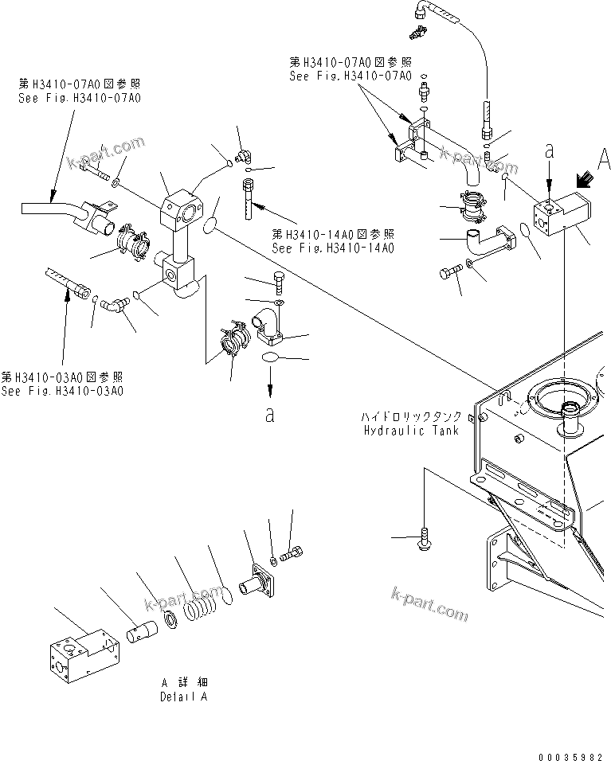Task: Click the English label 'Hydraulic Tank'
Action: (410, 431)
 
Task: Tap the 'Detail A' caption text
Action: (183, 697)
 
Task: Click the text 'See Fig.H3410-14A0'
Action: (333, 248)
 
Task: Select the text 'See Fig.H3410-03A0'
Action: (62, 391)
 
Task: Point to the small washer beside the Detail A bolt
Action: (273, 562)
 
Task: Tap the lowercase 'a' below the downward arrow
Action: (270, 415)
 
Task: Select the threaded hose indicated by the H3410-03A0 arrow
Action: (69, 283)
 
